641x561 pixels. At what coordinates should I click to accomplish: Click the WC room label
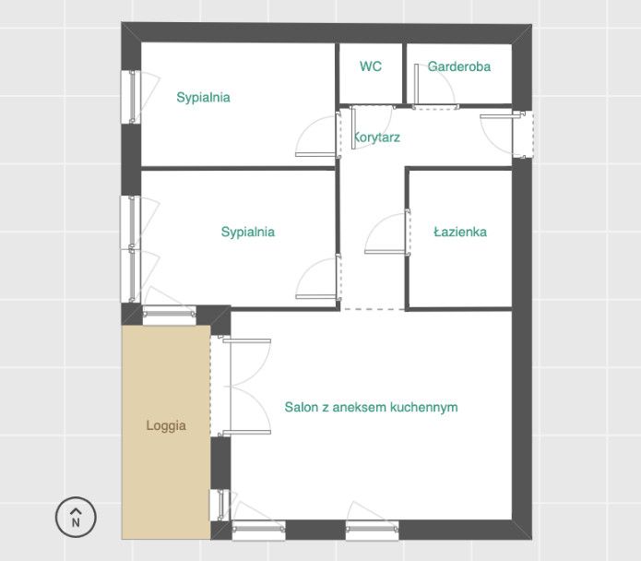point(371,66)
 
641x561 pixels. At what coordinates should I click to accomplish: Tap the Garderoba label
point(459,66)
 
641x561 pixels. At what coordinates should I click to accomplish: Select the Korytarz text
point(376,137)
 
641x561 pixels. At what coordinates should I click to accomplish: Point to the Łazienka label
point(460,232)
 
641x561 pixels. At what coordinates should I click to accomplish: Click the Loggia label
point(166,425)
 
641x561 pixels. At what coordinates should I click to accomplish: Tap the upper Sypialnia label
point(203,98)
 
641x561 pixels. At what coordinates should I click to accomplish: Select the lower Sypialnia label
point(248,233)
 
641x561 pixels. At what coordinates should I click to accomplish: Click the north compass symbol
point(76,517)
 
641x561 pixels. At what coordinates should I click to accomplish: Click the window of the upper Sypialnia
point(131,97)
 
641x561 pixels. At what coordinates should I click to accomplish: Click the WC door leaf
point(353,127)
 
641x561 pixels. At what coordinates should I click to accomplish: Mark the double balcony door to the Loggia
point(242,386)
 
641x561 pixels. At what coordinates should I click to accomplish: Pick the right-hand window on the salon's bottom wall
point(372,529)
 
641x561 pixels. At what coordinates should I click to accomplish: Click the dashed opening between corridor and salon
point(374,309)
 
